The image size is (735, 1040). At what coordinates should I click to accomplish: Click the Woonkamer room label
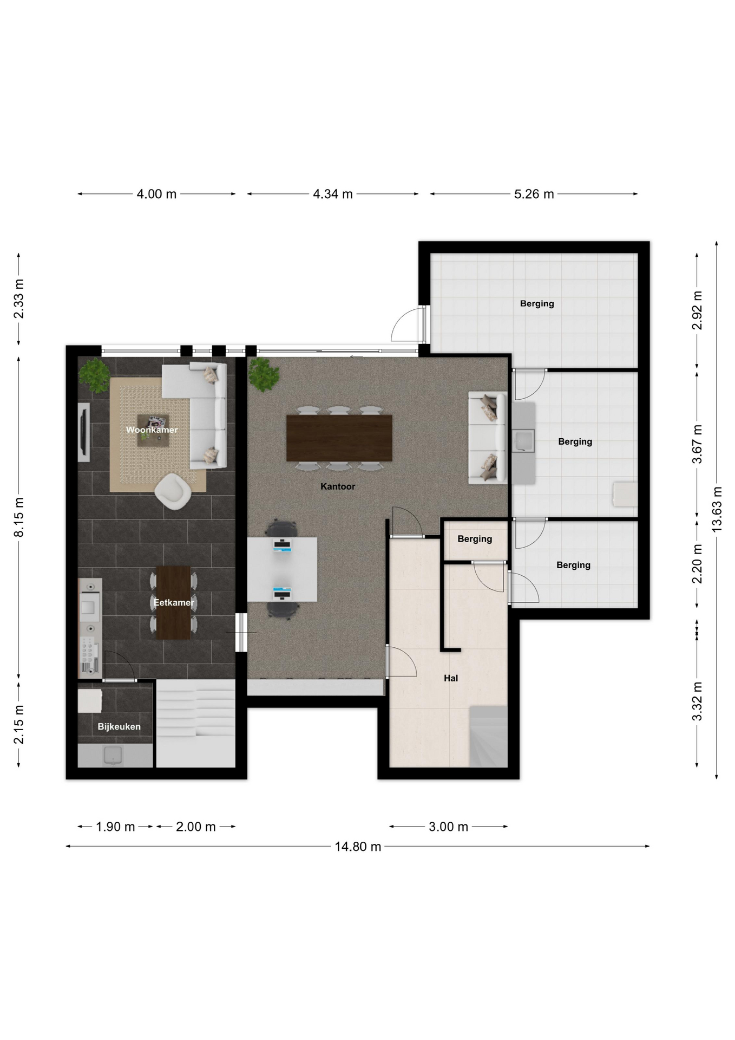pos(152,430)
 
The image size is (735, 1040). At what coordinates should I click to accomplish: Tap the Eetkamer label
pos(173,602)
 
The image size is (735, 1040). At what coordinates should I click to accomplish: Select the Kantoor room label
pos(338,486)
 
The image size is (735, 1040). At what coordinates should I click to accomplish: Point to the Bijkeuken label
pos(119,727)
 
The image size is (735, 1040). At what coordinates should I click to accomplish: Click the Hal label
pos(451,678)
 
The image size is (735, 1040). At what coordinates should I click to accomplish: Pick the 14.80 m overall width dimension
pos(358,847)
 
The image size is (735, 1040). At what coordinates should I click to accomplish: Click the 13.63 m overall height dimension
pos(717,509)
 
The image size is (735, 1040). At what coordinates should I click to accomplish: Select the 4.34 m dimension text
pos(333,194)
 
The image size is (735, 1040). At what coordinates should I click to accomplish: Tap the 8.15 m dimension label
pos(19,517)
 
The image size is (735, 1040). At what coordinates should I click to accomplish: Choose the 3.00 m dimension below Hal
pos(449,827)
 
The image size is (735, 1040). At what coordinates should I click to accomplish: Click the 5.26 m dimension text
pos(534,194)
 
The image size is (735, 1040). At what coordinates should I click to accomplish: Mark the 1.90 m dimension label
pos(115,827)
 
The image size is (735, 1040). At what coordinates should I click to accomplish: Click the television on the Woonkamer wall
pos(84,432)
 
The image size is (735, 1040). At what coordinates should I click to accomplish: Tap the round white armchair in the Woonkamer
pos(173,491)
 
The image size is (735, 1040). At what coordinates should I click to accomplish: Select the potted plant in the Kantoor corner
pos(264,374)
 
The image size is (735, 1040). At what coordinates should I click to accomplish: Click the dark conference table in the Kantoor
pos(339,438)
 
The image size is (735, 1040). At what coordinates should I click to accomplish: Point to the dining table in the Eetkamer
pos(173,602)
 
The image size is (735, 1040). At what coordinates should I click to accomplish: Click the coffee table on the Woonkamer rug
pos(153,430)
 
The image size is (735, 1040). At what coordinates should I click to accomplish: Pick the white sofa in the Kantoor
pos(487,438)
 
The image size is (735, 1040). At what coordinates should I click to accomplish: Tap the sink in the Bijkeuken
pos(113,755)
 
